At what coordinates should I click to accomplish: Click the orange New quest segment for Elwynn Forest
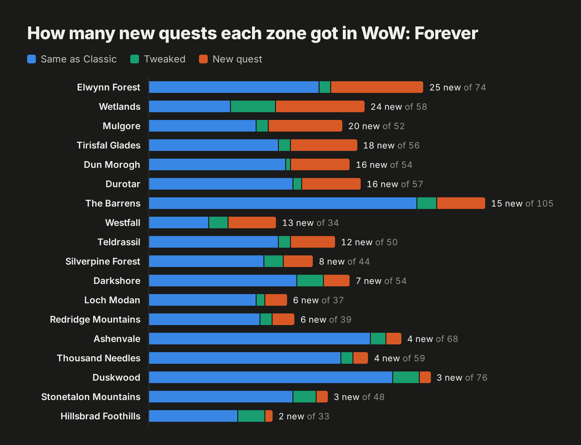[x=377, y=87]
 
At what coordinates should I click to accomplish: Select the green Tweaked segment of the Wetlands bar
[x=253, y=106]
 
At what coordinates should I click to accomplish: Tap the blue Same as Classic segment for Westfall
[x=178, y=222]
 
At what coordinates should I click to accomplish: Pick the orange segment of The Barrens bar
[x=461, y=203]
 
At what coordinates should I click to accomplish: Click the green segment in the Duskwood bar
[x=406, y=377]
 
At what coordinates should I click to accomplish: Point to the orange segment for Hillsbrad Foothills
[x=269, y=416]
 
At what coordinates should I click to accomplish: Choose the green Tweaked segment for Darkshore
[x=310, y=281]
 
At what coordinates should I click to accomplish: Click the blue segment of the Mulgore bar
[x=202, y=126]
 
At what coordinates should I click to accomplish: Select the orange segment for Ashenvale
[x=394, y=339]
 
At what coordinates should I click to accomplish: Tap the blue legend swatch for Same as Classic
[x=31, y=59]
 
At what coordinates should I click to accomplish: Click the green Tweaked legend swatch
[x=135, y=59]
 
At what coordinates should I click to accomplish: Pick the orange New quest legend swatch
[x=203, y=59]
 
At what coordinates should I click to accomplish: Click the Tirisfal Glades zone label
[x=108, y=145]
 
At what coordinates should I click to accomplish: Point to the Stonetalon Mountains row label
[x=91, y=397]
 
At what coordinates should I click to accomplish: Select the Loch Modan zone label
[x=112, y=300]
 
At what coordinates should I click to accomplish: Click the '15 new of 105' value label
[x=522, y=203]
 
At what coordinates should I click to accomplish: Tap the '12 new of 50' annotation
[x=369, y=242]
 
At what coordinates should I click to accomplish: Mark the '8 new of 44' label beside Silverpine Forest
[x=344, y=261]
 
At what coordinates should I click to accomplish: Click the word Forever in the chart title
[x=446, y=33]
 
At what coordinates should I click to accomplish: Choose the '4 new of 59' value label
[x=399, y=358]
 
